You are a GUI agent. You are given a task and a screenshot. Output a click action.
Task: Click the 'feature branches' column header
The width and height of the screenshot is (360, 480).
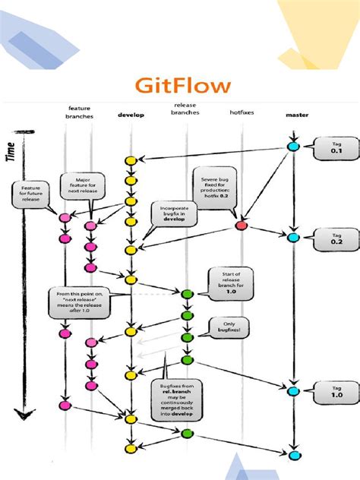(79, 112)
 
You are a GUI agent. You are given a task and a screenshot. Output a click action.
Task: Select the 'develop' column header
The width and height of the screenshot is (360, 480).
(131, 115)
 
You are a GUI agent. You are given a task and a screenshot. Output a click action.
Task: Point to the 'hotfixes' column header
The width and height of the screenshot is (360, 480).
(242, 113)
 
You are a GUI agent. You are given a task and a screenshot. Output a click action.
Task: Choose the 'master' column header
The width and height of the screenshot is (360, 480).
(296, 115)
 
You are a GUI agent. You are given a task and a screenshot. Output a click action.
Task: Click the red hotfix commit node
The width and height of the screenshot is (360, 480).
(242, 226)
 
